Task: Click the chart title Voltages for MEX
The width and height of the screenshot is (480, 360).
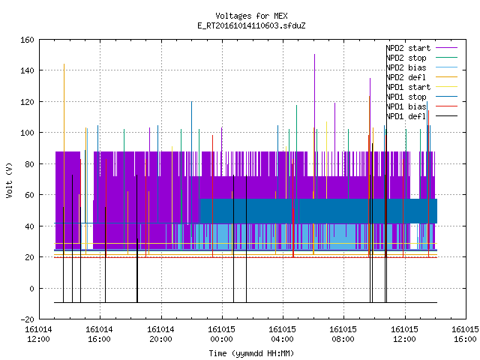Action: click(x=251, y=16)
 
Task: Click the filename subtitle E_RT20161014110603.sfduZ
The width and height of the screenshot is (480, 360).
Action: click(x=251, y=25)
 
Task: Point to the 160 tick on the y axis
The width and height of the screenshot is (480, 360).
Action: click(x=27, y=40)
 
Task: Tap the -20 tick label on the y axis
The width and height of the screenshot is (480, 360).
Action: click(x=27, y=319)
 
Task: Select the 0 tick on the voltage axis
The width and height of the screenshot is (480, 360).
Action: click(x=31, y=288)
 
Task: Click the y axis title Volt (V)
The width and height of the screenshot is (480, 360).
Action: click(x=9, y=180)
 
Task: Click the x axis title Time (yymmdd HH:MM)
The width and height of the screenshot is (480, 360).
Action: click(x=251, y=353)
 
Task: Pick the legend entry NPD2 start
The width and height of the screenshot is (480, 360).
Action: click(x=421, y=48)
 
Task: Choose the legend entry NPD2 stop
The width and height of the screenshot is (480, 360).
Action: click(x=421, y=58)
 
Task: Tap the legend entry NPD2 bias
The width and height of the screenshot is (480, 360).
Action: click(x=421, y=67)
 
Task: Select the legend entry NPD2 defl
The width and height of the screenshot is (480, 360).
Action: click(x=421, y=77)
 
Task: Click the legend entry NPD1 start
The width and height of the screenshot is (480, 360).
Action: click(x=421, y=87)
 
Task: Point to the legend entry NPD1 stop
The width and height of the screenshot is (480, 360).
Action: click(x=421, y=97)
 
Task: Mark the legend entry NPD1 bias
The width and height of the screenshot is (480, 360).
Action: click(x=421, y=106)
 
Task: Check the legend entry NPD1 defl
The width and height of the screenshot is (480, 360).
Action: click(x=421, y=116)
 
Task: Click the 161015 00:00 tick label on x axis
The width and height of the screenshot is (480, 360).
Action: click(x=222, y=334)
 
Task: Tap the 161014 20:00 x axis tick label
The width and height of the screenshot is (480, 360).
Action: click(x=160, y=334)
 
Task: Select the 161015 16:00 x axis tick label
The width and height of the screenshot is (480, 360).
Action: click(x=465, y=334)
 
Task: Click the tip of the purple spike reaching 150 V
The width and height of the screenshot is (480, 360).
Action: click(x=314, y=55)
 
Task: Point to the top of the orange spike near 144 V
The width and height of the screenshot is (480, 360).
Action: click(x=64, y=64)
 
